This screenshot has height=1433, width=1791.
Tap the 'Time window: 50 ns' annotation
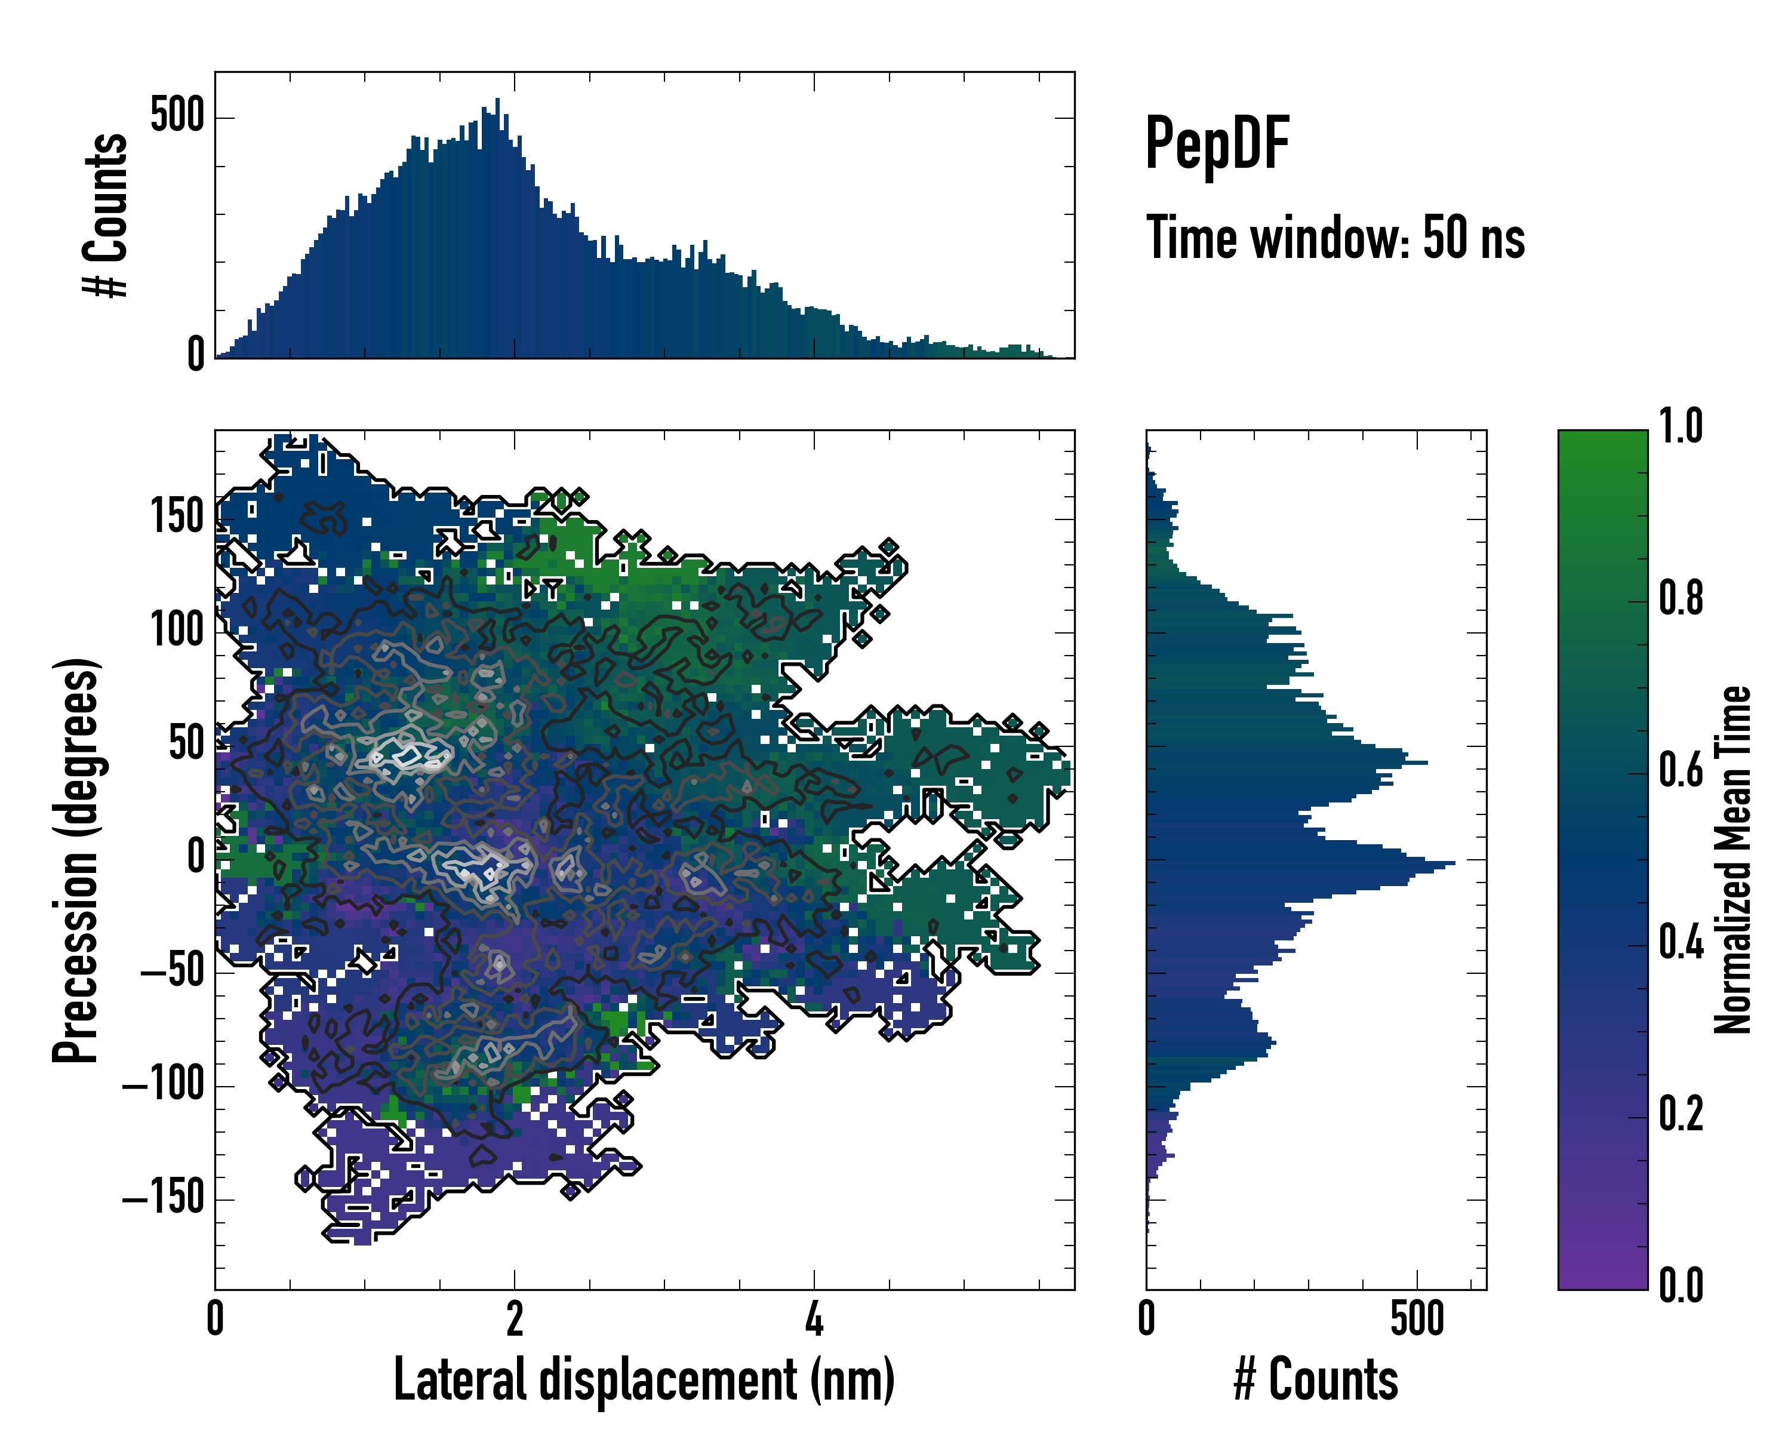[1335, 238]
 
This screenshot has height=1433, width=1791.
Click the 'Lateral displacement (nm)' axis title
[644, 1380]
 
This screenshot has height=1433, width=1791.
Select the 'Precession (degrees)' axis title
[76, 860]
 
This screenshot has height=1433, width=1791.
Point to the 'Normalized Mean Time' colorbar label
[1733, 860]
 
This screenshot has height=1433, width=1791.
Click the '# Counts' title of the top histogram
[106, 214]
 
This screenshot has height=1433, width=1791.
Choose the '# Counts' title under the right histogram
[1316, 1380]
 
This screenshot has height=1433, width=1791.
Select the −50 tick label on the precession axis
[172, 970]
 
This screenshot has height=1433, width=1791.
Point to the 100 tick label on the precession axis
[177, 631]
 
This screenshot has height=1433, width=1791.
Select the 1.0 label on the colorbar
[1681, 427]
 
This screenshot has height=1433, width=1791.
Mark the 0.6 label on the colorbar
[1681, 771]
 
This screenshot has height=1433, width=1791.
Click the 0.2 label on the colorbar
[1681, 1115]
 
